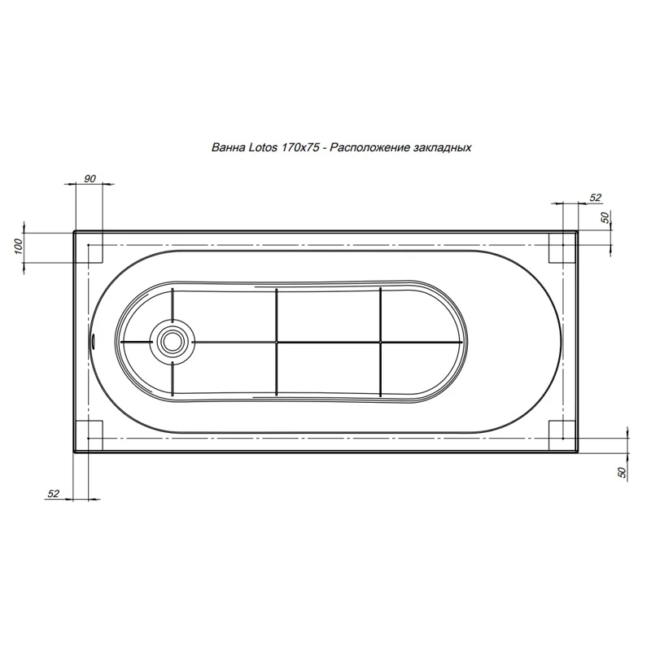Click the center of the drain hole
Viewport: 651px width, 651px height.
coord(172,342)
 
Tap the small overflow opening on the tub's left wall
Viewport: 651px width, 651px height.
coord(92,342)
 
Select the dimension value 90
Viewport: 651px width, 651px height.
coord(90,178)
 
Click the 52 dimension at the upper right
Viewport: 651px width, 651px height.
coord(595,198)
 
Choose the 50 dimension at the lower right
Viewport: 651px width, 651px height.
coord(623,472)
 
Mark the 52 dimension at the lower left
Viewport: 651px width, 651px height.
coord(54,494)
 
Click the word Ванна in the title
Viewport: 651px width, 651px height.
coord(227,148)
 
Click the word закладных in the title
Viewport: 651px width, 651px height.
coord(443,148)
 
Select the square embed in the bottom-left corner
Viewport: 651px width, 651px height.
coord(89,435)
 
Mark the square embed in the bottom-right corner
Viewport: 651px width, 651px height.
coord(561,435)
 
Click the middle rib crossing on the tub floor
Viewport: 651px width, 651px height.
coord(276,342)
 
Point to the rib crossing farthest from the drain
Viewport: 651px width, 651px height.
coord(380,342)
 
